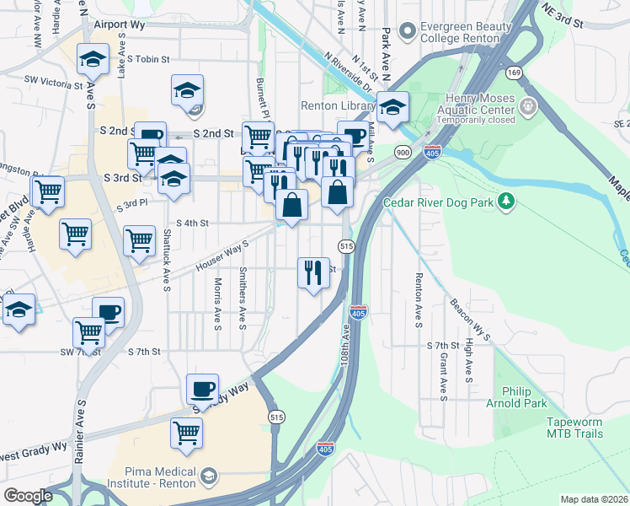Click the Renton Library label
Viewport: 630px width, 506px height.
(339, 106)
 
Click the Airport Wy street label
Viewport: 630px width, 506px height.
(120, 25)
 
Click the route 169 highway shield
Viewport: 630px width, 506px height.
(513, 73)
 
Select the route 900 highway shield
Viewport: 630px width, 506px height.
(403, 152)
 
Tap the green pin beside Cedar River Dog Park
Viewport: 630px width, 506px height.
(506, 201)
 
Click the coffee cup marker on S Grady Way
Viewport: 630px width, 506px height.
(202, 389)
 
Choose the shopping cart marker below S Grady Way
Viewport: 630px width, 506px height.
(186, 433)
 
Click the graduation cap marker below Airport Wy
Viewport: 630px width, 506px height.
(93, 59)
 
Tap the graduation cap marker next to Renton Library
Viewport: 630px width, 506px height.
(392, 107)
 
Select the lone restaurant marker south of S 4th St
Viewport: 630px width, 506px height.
(313, 272)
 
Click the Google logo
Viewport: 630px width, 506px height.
(28, 496)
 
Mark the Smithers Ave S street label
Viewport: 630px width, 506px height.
(243, 298)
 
